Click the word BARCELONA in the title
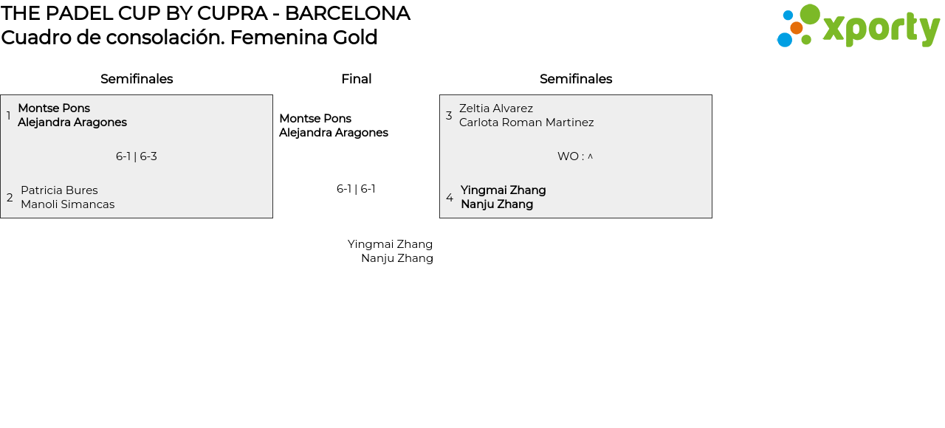(x=347, y=13)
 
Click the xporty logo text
(x=881, y=29)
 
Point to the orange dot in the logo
(x=796, y=28)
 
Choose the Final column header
(x=356, y=79)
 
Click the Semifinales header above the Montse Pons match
(x=137, y=79)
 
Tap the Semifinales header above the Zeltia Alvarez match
(x=576, y=79)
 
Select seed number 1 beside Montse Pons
(x=8, y=116)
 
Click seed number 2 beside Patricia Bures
(x=10, y=198)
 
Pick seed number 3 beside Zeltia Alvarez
(x=449, y=116)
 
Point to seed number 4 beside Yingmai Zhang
(x=450, y=198)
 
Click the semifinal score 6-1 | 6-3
(x=137, y=156)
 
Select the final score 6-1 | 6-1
(x=356, y=189)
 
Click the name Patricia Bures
(x=59, y=190)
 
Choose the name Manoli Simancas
(x=67, y=204)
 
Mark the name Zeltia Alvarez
(x=496, y=108)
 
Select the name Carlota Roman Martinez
(x=526, y=122)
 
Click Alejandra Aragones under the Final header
(x=334, y=133)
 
